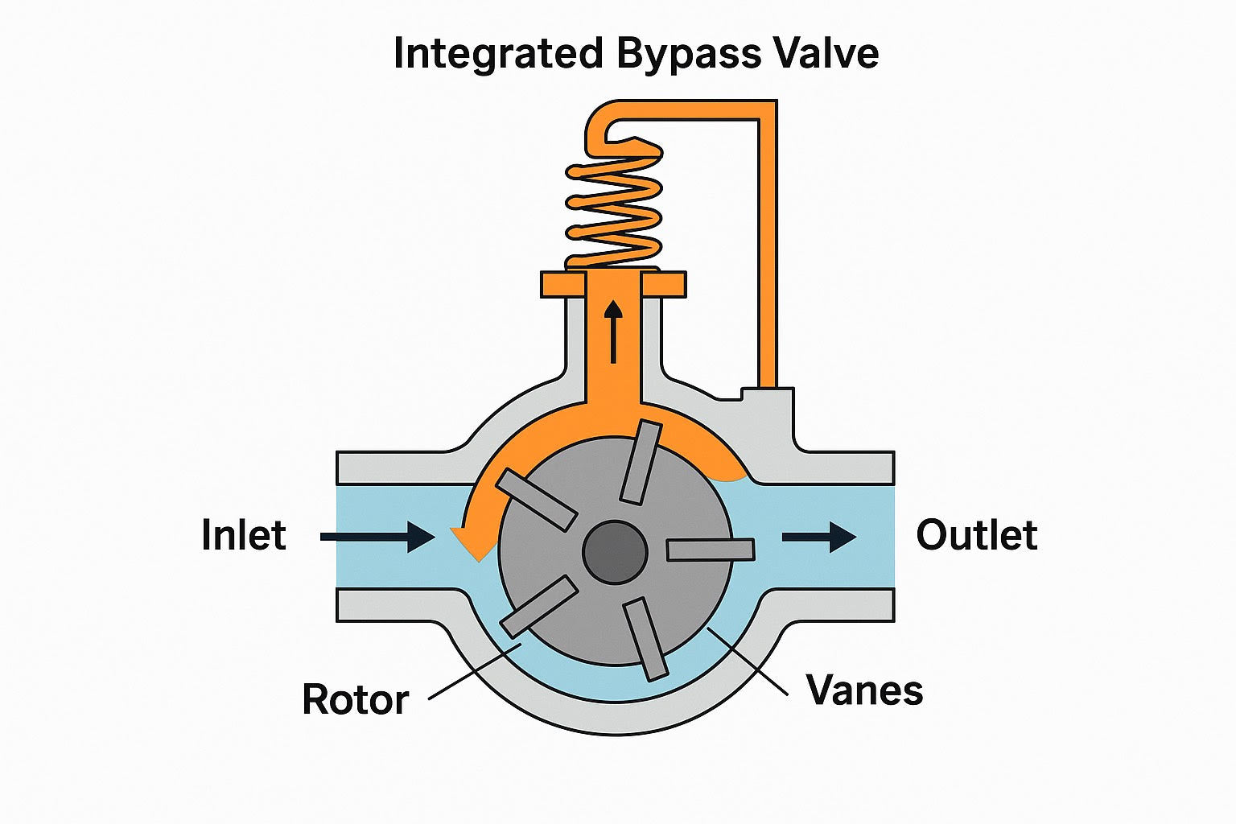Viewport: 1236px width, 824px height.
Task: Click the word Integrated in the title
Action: [497, 54]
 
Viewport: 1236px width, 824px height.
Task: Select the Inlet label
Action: [243, 535]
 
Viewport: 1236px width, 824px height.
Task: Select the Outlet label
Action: [976, 535]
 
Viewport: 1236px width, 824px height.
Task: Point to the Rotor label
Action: [355, 699]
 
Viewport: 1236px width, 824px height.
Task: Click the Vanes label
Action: [864, 690]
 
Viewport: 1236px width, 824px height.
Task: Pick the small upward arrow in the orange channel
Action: [614, 330]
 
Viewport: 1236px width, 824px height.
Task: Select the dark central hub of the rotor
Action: [615, 552]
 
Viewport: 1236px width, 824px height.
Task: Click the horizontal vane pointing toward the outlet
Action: [711, 550]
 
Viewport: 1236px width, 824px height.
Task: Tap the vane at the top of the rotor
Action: [641, 462]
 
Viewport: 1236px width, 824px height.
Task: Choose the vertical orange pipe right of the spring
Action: [768, 249]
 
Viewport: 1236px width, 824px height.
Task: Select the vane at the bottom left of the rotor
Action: [538, 607]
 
